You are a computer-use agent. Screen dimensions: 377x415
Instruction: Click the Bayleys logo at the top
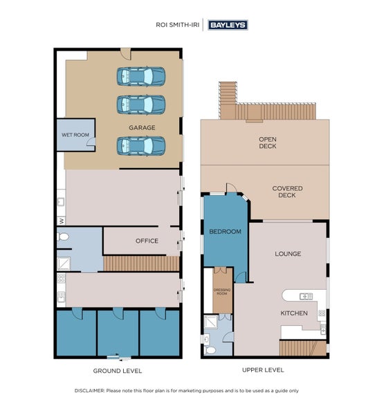[228, 25]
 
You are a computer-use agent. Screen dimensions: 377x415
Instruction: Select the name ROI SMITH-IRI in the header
[177, 25]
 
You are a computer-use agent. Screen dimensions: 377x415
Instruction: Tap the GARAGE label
[142, 127]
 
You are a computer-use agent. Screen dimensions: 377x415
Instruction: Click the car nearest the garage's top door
[141, 77]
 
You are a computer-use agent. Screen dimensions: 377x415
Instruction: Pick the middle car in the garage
[141, 104]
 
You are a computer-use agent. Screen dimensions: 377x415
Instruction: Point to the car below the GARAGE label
[141, 146]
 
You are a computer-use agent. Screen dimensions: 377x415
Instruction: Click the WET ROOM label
[75, 135]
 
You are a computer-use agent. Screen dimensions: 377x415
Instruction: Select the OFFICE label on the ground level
[147, 241]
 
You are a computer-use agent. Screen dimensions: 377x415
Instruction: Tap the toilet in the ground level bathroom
[63, 237]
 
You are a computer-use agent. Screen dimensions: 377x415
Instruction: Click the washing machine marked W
[61, 220]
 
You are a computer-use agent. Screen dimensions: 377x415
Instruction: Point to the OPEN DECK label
[268, 142]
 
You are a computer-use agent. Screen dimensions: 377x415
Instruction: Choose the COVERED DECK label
[287, 192]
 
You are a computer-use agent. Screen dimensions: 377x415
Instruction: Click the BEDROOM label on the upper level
[226, 232]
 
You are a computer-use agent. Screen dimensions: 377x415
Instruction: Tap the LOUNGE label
[288, 254]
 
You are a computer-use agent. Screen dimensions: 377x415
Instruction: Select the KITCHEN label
[294, 313]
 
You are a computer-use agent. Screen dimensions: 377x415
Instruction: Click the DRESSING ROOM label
[222, 292]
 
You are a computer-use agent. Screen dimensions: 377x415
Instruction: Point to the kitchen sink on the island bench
[306, 297]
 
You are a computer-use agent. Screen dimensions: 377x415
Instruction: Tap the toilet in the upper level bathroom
[210, 351]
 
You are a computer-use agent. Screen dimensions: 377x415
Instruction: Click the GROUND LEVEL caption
[118, 371]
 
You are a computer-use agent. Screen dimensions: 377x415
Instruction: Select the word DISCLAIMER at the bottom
[90, 391]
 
